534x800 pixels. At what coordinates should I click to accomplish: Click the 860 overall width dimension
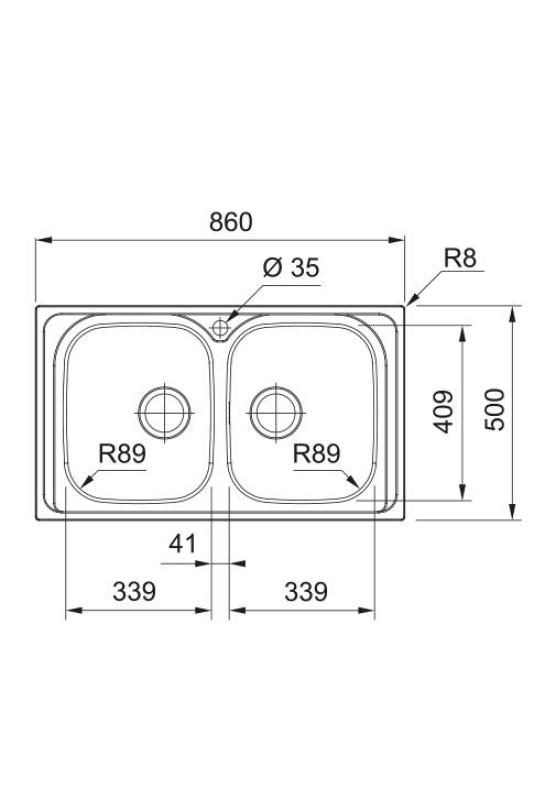point(230,222)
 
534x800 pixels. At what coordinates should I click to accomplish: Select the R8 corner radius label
point(460,258)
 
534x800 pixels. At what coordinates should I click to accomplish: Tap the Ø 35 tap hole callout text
point(290,268)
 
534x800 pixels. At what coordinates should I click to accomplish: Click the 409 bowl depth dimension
point(444,410)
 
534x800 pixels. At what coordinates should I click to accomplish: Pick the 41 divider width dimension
point(181,544)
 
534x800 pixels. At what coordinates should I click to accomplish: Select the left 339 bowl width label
point(133,592)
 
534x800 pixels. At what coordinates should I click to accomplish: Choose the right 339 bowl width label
point(305,592)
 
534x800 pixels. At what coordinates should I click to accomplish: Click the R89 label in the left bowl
point(122,454)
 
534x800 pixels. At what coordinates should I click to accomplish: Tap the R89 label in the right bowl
point(316,454)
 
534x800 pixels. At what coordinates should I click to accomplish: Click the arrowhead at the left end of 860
point(41,240)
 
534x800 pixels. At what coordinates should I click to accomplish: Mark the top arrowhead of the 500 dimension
point(512,312)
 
